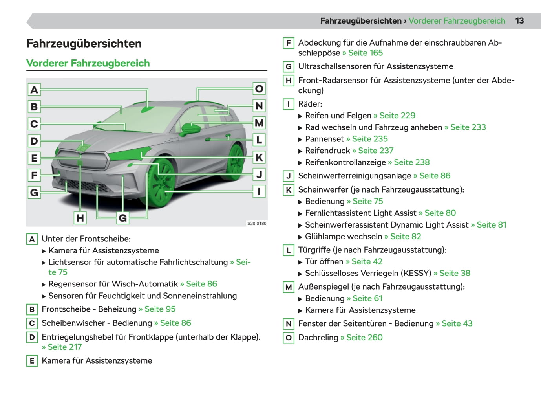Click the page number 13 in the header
(519, 21)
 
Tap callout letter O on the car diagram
(259, 88)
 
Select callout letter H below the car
(80, 218)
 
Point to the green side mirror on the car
(191, 128)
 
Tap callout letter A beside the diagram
(34, 90)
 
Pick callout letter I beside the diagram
(259, 191)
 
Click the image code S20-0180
(256, 224)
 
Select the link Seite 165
(365, 53)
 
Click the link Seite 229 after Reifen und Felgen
(397, 116)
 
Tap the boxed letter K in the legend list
(289, 190)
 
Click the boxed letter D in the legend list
(32, 337)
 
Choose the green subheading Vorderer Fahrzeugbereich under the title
(88, 63)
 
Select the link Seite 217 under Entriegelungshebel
(64, 347)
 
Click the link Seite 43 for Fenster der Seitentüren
(457, 323)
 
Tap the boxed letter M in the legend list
(289, 287)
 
